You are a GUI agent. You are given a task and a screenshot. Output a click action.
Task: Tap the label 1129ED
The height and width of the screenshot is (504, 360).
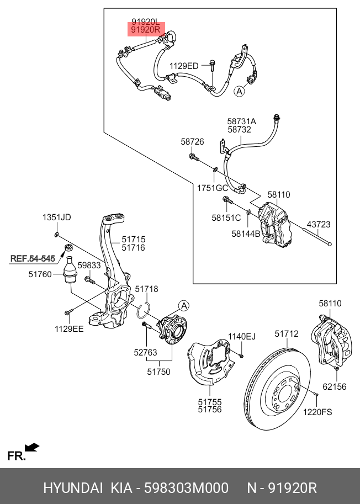184,66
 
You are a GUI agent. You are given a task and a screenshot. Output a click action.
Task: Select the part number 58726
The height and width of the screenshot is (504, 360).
192,142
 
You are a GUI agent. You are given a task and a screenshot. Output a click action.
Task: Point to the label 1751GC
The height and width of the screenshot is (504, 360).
213,188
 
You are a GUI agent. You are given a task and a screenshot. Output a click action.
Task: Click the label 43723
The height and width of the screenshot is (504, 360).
319,224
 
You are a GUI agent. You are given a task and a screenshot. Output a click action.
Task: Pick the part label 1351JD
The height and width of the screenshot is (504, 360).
57,217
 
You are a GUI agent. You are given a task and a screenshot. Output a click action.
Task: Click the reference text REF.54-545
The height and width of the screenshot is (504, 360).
33,258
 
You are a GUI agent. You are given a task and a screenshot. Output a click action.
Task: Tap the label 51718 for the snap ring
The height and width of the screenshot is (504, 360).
146,289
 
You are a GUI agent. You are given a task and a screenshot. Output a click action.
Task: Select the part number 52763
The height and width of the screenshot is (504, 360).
146,352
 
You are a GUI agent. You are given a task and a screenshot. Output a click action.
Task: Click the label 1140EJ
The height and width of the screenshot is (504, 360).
242,336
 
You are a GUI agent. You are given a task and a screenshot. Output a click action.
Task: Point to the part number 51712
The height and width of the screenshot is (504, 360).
287,333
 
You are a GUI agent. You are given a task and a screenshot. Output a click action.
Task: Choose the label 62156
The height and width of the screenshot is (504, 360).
335,386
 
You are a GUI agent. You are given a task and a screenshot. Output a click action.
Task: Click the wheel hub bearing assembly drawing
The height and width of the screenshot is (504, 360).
172,331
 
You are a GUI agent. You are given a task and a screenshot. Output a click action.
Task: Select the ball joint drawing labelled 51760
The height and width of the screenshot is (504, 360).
70,270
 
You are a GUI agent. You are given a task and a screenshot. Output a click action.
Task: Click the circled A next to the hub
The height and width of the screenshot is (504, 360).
184,305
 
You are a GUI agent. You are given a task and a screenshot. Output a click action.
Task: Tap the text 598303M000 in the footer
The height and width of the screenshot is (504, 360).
186,489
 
